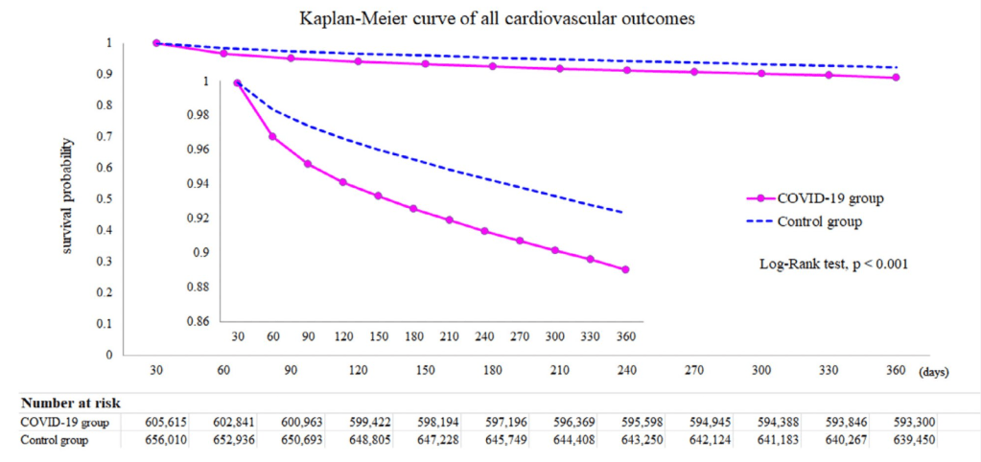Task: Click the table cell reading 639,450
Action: pyautogui.click(x=896, y=441)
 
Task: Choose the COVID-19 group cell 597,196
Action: pyautogui.click(x=492, y=422)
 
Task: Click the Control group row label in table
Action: pyautogui.click(x=54, y=441)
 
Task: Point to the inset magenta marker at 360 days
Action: pyautogui.click(x=625, y=269)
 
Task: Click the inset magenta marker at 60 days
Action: pyautogui.click(x=272, y=137)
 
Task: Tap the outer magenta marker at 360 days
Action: pyautogui.click(x=896, y=78)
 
